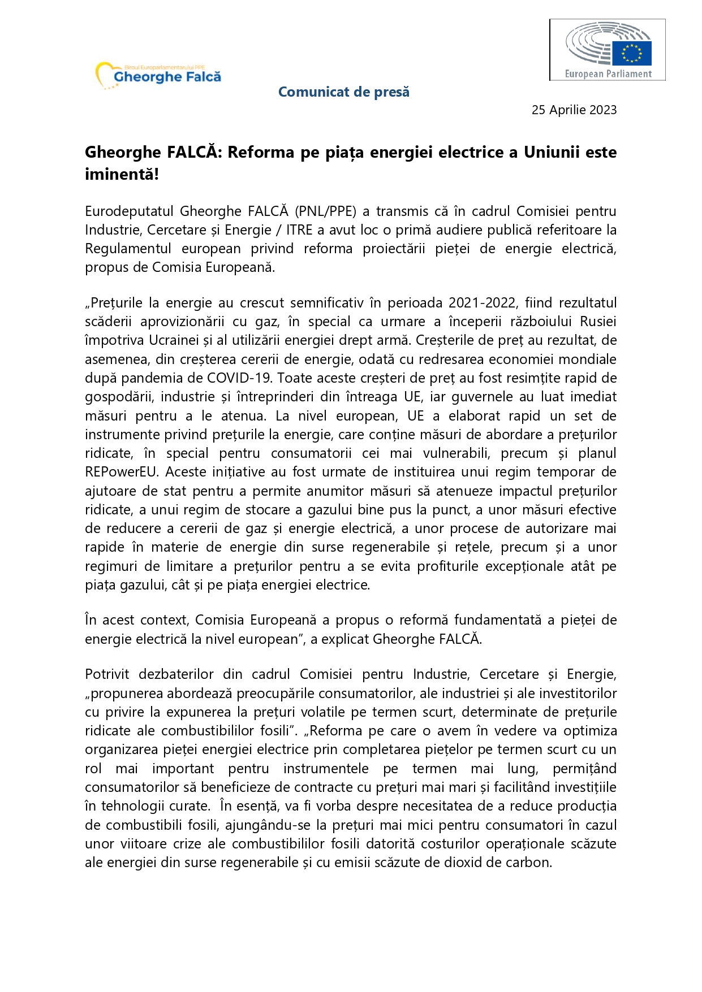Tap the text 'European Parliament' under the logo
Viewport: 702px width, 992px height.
point(608,73)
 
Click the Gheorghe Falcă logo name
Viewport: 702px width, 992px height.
point(167,77)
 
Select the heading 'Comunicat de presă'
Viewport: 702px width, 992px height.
point(343,92)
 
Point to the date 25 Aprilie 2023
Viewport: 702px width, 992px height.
point(574,110)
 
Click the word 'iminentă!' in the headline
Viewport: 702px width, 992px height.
point(122,174)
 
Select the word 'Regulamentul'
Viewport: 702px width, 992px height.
point(128,249)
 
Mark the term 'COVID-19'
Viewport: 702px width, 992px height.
point(240,378)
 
